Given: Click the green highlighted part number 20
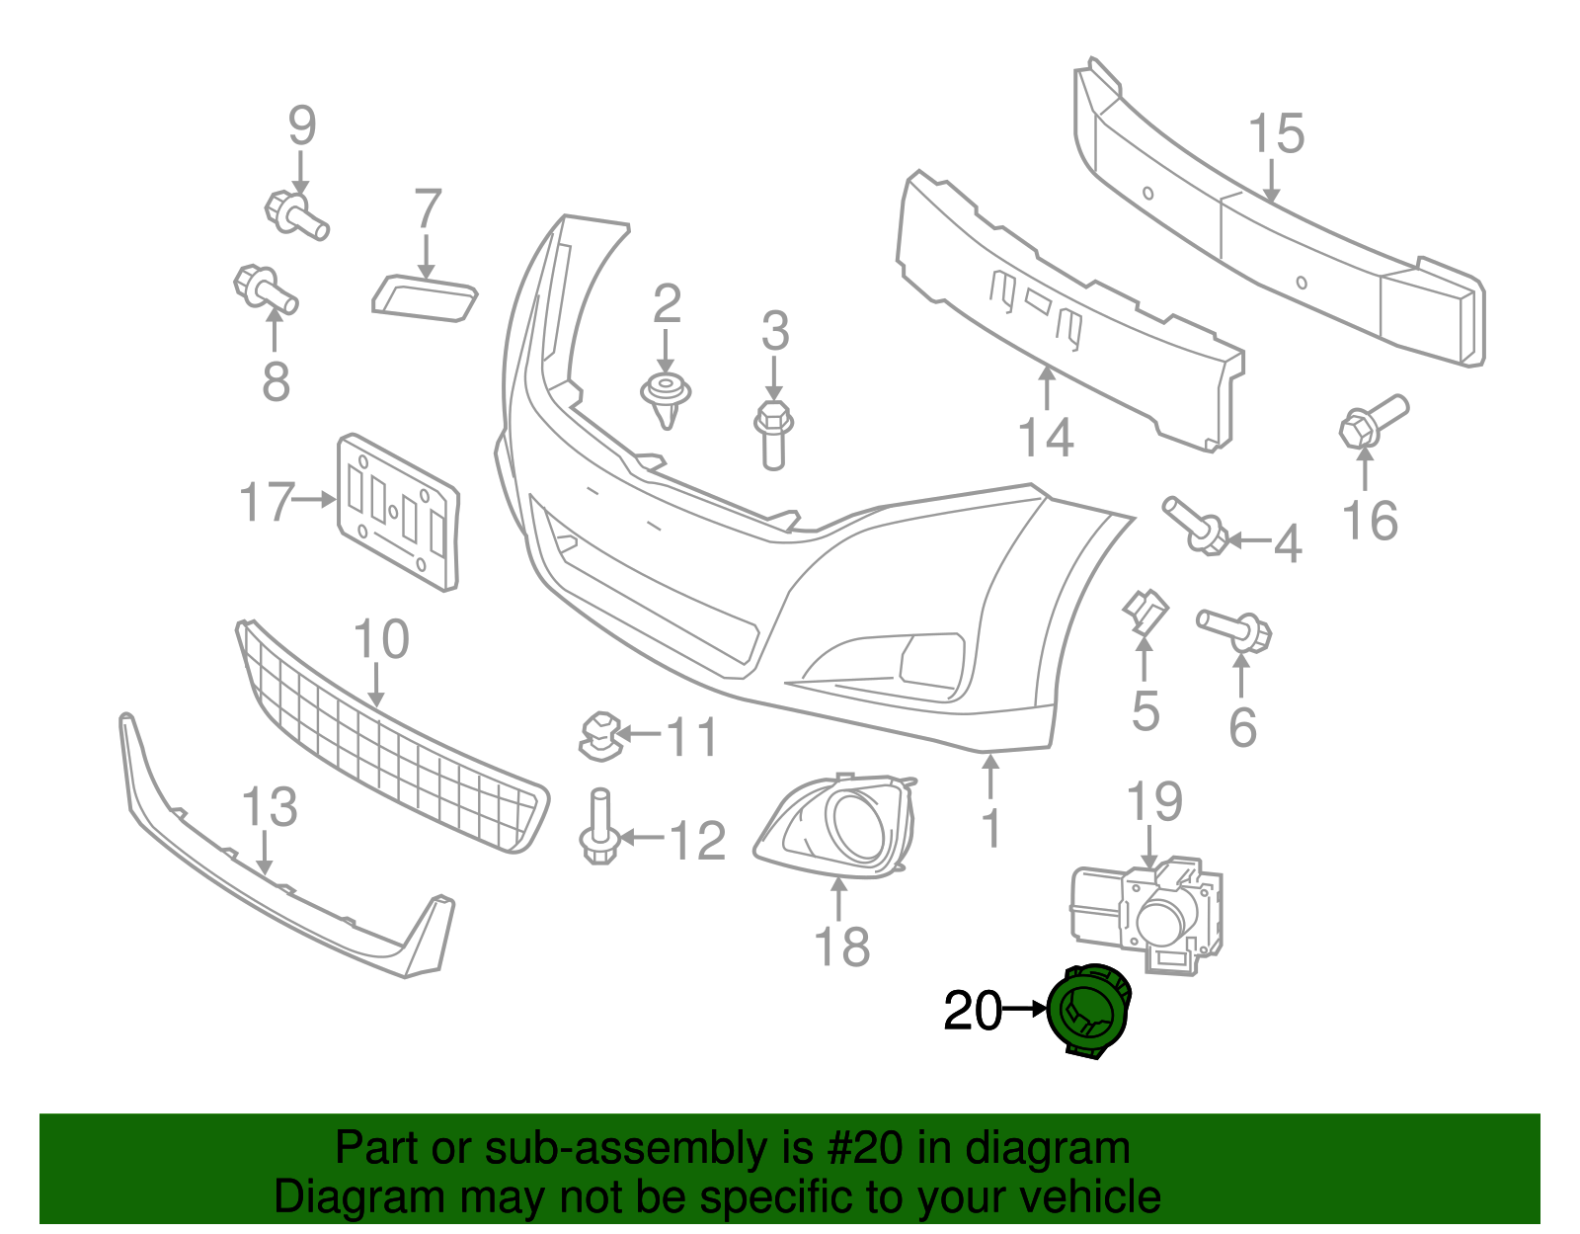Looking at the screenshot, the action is (x=1088, y=1012).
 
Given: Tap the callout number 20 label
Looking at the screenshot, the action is (x=972, y=1012).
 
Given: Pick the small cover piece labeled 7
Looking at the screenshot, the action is (x=425, y=297).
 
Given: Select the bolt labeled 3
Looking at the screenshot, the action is (x=773, y=432).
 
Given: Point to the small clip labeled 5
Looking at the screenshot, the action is (x=1145, y=611).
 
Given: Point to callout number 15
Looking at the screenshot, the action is (x=1276, y=133).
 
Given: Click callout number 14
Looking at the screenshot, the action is (x=1046, y=437).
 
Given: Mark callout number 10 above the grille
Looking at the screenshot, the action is (x=380, y=640).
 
